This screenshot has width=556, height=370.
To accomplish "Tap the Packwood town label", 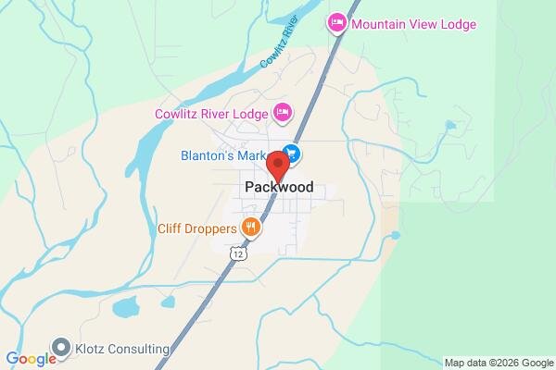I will click(x=279, y=187).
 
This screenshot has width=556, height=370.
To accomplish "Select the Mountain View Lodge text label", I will click(x=414, y=24).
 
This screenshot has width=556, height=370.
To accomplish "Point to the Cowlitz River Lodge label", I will click(x=212, y=114).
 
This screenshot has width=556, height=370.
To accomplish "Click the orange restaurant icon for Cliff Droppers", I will click(x=249, y=226).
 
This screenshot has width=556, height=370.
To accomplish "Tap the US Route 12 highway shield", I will click(x=240, y=253).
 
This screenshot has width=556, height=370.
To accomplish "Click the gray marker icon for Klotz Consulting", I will click(x=62, y=348).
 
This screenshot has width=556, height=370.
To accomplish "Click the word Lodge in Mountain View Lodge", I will click(x=455, y=24).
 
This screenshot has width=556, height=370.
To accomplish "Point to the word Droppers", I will click(x=214, y=226).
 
